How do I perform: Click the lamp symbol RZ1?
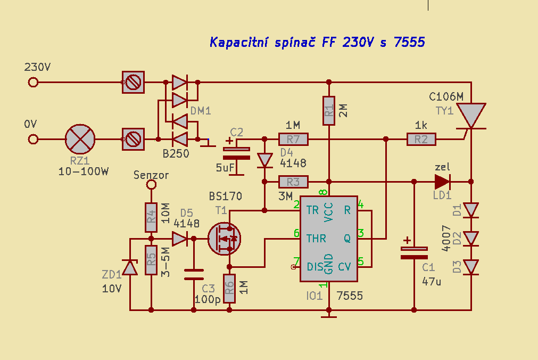click(80, 139)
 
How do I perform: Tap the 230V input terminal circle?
click(33, 83)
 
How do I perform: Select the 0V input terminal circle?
click(33, 140)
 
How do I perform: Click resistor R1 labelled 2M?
click(329, 111)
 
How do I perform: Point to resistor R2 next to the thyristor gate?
click(421, 140)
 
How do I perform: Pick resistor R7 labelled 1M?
click(293, 140)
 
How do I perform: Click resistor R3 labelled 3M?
click(293, 182)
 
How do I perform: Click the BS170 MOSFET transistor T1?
click(225, 239)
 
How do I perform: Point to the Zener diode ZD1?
click(130, 267)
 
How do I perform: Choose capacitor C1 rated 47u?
click(414, 253)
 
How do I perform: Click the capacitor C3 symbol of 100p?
click(194, 274)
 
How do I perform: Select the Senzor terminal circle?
click(151, 185)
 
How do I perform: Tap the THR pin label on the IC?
click(316, 239)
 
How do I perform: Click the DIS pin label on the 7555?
click(314, 267)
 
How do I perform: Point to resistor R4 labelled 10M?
click(151, 217)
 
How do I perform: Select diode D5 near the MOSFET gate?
click(180, 239)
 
